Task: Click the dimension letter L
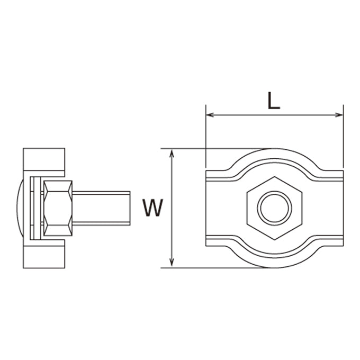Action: (x=274, y=101)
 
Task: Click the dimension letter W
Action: (x=152, y=208)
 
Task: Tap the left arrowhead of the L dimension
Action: (x=210, y=115)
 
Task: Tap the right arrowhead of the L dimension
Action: (x=339, y=115)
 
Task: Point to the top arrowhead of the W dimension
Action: (x=172, y=153)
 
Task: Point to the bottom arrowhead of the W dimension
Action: (x=172, y=263)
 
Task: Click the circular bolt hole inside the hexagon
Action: (x=275, y=208)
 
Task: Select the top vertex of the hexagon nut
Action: (x=275, y=176)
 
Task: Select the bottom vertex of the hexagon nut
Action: (x=275, y=240)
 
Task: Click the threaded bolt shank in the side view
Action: (x=101, y=208)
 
